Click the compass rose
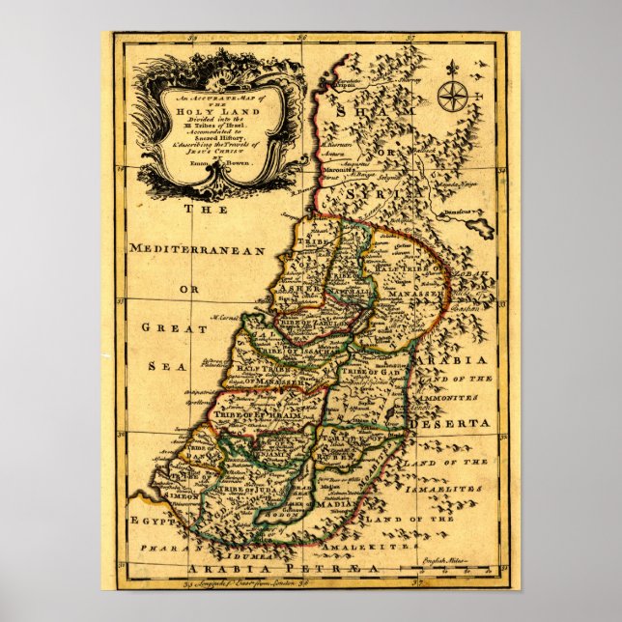click(x=451, y=97)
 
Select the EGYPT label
click(x=152, y=522)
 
